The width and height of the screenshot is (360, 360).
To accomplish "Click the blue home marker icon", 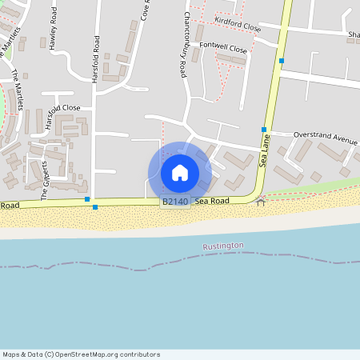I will point(180,172).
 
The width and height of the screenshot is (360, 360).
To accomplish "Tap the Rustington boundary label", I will point(223,246).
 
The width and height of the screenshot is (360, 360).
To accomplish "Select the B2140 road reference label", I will point(175,202).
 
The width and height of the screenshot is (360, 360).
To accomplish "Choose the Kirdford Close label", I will point(238,26).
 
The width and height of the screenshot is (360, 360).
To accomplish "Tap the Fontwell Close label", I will point(223,46).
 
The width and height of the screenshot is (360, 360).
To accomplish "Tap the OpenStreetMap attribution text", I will point(81,354).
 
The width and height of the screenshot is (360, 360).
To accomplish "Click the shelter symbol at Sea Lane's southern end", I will point(260,202).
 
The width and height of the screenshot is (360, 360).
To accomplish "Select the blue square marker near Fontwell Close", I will point(282,60).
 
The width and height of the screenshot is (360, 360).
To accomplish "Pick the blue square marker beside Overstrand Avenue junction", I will point(264,129).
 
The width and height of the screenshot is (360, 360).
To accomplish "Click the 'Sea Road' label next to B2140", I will point(212,202).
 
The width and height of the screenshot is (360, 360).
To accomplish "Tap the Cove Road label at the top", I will point(146,10).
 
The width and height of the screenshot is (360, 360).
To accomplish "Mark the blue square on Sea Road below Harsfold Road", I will point(95,207).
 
